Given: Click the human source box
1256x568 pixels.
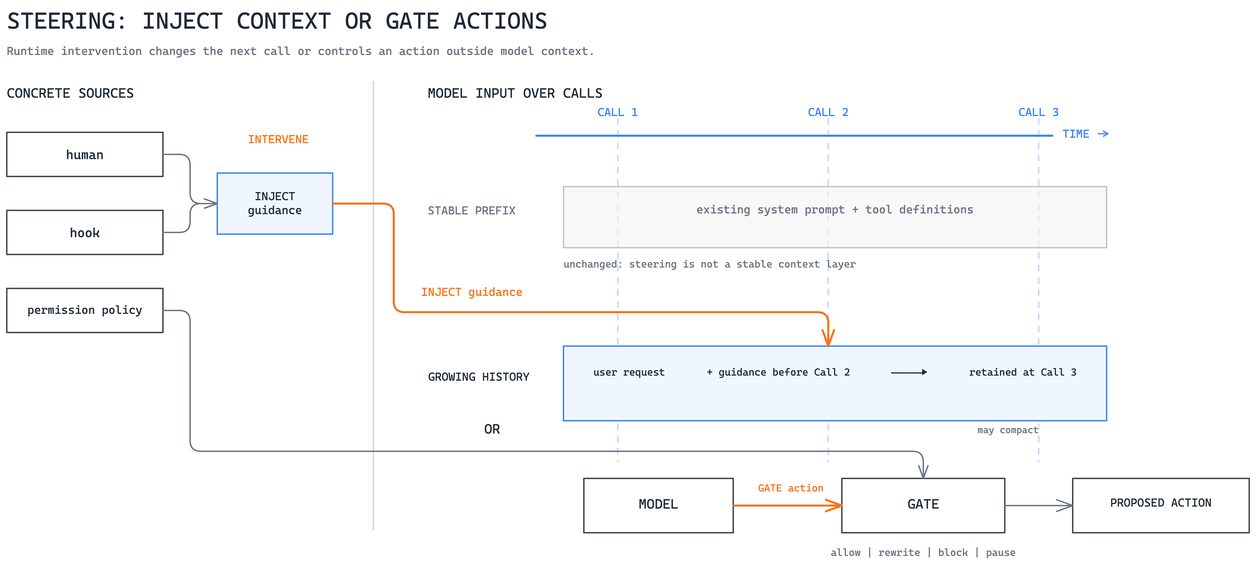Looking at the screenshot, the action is tap(85, 155).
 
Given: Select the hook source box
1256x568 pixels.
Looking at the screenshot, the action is tap(85, 233).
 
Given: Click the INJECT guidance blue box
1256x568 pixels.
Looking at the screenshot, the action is tap(275, 203).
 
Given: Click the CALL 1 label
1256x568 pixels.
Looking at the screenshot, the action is tap(617, 112).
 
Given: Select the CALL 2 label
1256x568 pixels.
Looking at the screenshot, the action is tap(828, 112).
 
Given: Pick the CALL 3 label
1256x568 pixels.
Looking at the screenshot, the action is tap(1039, 112).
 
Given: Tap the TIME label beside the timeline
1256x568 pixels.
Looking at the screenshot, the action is tap(1076, 134).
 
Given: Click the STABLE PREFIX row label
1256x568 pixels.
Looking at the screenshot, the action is tap(472, 211).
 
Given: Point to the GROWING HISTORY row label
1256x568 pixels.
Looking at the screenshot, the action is tap(478, 377).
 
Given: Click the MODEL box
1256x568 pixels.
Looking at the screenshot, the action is tap(658, 505).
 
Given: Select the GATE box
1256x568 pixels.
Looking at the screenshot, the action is tap(923, 505).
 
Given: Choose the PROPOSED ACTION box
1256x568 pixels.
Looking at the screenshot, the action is tap(1160, 505).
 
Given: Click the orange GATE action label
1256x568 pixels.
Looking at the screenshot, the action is tap(790, 488).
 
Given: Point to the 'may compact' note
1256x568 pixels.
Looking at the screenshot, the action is tap(1007, 430).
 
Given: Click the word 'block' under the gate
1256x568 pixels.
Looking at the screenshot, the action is tap(953, 552).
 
